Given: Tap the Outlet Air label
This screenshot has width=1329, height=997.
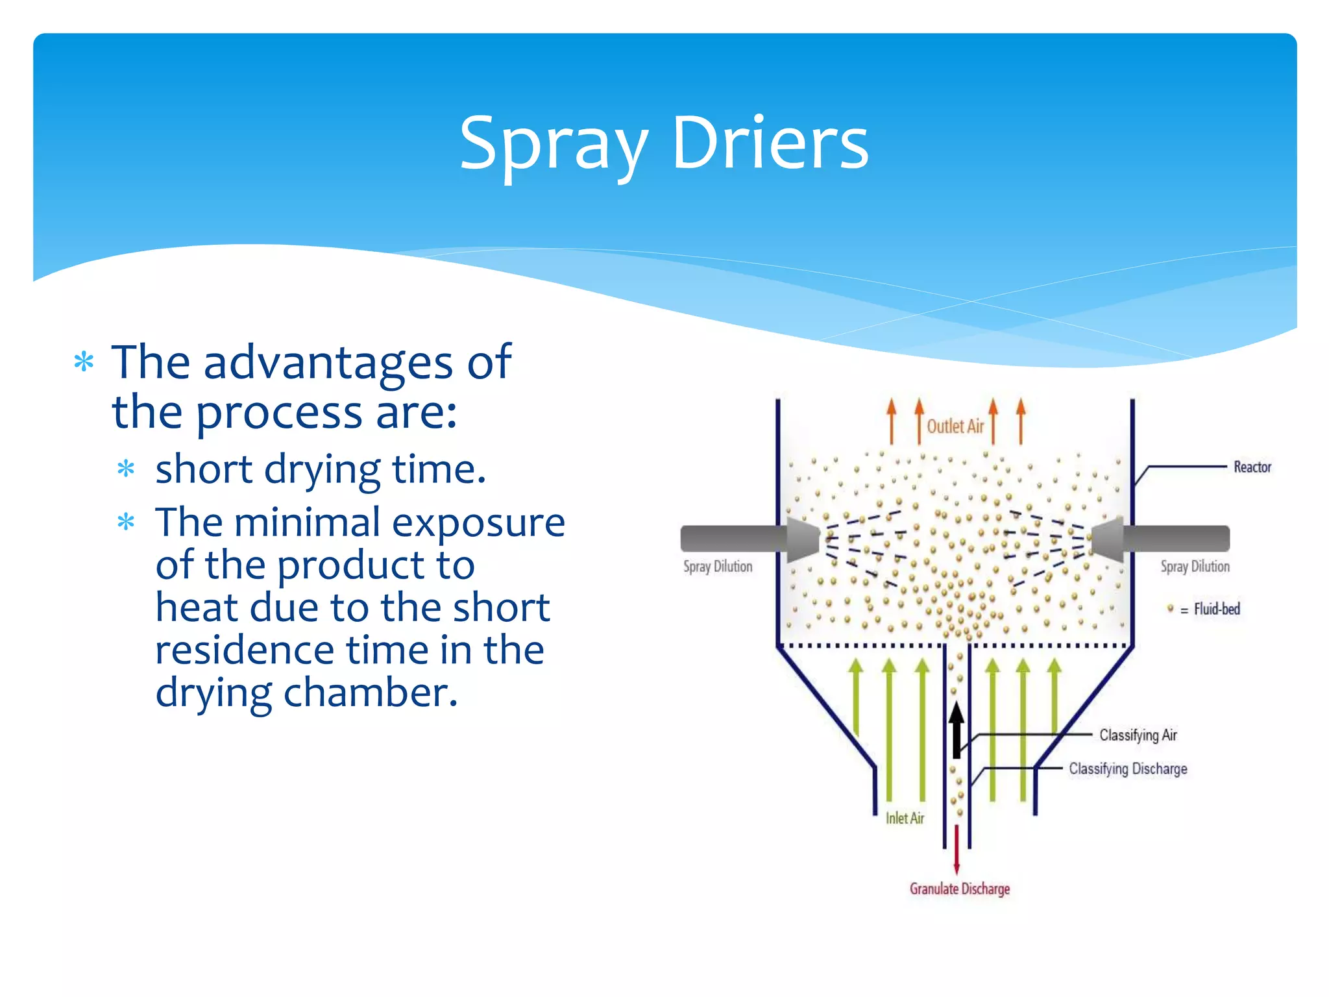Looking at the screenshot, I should [955, 426].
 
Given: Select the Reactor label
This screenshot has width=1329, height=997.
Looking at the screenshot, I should [1252, 467].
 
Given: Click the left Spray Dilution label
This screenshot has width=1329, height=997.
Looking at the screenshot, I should [718, 567].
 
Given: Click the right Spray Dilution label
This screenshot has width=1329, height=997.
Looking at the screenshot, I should [1195, 567].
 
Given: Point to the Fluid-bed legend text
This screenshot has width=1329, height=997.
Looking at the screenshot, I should [1217, 609].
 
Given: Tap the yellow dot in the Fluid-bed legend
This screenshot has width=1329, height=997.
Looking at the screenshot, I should [1170, 608].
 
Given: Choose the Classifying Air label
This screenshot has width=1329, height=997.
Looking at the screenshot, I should [1138, 735].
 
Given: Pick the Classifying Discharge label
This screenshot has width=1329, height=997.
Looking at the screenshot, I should [1128, 769].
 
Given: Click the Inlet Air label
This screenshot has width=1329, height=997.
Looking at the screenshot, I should [905, 818].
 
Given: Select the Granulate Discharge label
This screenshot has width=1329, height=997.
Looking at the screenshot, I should [959, 889].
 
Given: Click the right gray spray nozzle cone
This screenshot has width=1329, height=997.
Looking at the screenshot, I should [1108, 539].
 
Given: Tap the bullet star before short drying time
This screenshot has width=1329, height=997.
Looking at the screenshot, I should [126, 469].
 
